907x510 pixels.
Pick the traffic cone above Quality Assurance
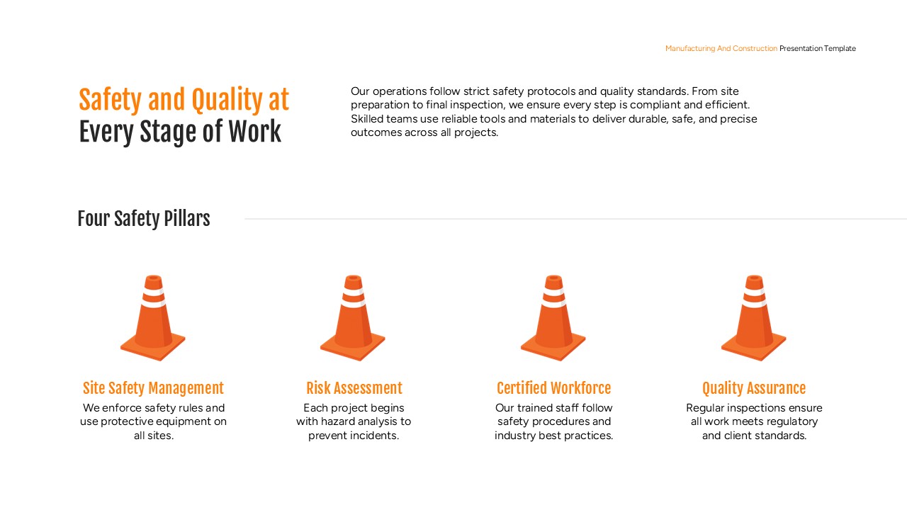click(754, 315)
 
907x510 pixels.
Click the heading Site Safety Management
click(153, 388)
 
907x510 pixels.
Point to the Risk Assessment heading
click(354, 388)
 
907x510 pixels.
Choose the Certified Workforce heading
click(553, 388)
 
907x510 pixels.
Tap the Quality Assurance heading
click(754, 388)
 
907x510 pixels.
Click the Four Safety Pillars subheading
click(144, 219)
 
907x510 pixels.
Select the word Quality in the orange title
click(218, 101)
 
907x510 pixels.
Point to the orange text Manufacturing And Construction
click(721, 49)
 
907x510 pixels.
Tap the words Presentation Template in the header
click(818, 49)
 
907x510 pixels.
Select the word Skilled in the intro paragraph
click(367, 119)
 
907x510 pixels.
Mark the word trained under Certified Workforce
click(539, 408)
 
